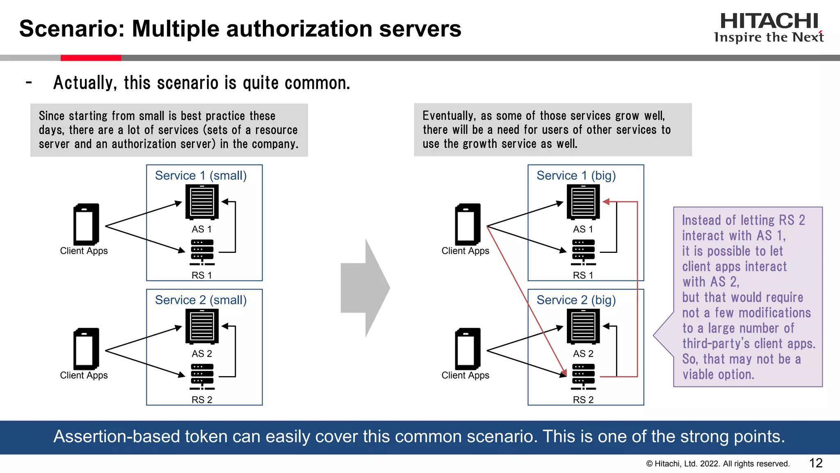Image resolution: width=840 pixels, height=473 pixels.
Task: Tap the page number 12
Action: pos(815,463)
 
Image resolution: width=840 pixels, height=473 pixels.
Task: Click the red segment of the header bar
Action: pos(91,58)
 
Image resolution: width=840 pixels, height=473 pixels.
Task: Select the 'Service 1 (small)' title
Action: pos(201,176)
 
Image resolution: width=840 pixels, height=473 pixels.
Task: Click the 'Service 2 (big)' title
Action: pos(576,300)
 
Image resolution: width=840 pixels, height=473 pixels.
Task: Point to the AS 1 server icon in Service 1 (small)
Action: pos(202,202)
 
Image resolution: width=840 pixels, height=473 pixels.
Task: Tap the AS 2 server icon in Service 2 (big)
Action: pos(583,326)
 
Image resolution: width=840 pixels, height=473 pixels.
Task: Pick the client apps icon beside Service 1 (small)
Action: pos(86,224)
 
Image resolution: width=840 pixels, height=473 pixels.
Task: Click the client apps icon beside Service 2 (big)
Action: pos(468,349)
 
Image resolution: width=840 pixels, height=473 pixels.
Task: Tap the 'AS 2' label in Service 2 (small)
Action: pos(202,354)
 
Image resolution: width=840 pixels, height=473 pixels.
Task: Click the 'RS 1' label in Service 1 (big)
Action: pos(583,275)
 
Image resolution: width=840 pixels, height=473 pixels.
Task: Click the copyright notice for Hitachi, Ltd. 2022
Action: pos(718,464)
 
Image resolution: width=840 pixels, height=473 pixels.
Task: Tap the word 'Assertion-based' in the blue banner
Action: pos(116,436)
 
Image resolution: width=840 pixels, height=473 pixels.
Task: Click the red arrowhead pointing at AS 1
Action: pos(607,202)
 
